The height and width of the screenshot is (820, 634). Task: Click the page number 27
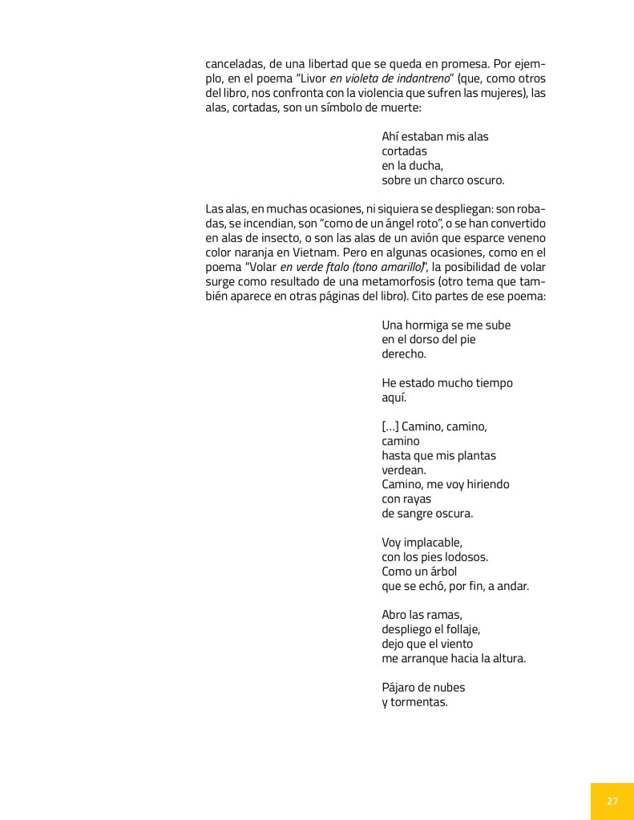(x=612, y=801)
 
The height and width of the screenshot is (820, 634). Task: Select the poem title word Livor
(x=309, y=79)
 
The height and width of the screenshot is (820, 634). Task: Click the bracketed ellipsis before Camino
(x=390, y=426)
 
